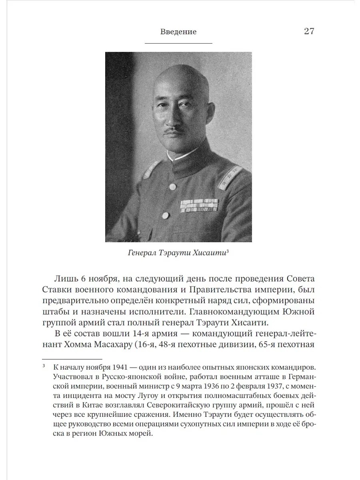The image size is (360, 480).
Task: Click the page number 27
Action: click(309, 31)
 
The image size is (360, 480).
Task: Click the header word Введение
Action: click(178, 32)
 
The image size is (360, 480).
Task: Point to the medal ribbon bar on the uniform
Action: click(198, 206)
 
